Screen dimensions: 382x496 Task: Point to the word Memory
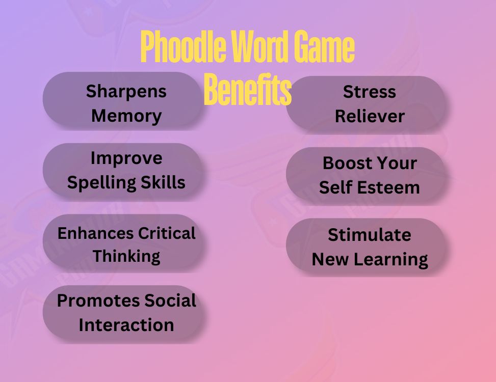tap(126, 116)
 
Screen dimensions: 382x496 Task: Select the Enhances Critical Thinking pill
tap(122, 244)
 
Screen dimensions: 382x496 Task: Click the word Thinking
tap(126, 256)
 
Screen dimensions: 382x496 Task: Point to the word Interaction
tap(126, 325)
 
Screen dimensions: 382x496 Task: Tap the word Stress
tap(370, 92)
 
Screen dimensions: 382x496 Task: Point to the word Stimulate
tap(370, 235)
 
